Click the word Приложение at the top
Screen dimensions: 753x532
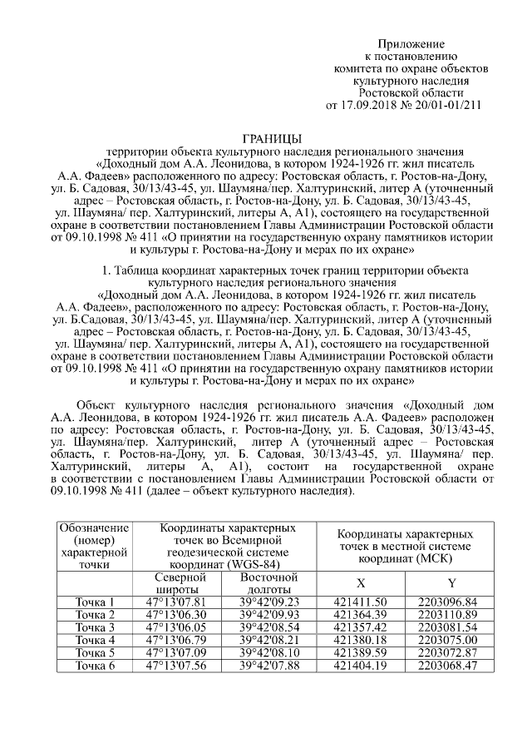coord(411,43)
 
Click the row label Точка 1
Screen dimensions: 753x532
coord(94,602)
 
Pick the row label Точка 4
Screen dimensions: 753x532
coord(94,639)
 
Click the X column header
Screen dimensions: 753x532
coord(360,582)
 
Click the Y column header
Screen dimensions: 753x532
coord(450,582)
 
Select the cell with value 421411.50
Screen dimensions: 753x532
coord(360,602)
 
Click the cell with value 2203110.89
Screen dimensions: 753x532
coord(449,614)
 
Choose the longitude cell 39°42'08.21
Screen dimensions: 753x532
coord(268,639)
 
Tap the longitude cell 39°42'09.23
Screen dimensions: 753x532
coord(268,602)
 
